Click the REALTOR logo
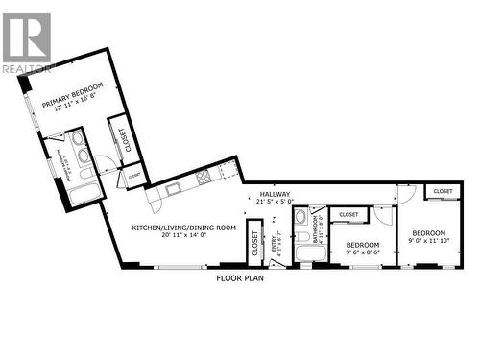tap(26, 43)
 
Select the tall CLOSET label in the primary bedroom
tap(122, 140)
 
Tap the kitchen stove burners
tap(204, 177)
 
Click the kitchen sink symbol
tap(172, 189)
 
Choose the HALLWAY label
tap(275, 194)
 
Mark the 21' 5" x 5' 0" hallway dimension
tap(275, 202)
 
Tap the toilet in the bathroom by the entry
tap(301, 217)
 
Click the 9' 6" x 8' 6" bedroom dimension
tap(363, 252)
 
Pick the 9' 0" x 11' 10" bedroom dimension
tap(428, 241)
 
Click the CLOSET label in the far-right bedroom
tap(443, 192)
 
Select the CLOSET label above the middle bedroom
tap(348, 215)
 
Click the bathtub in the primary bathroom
tap(74, 193)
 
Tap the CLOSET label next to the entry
tap(254, 245)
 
